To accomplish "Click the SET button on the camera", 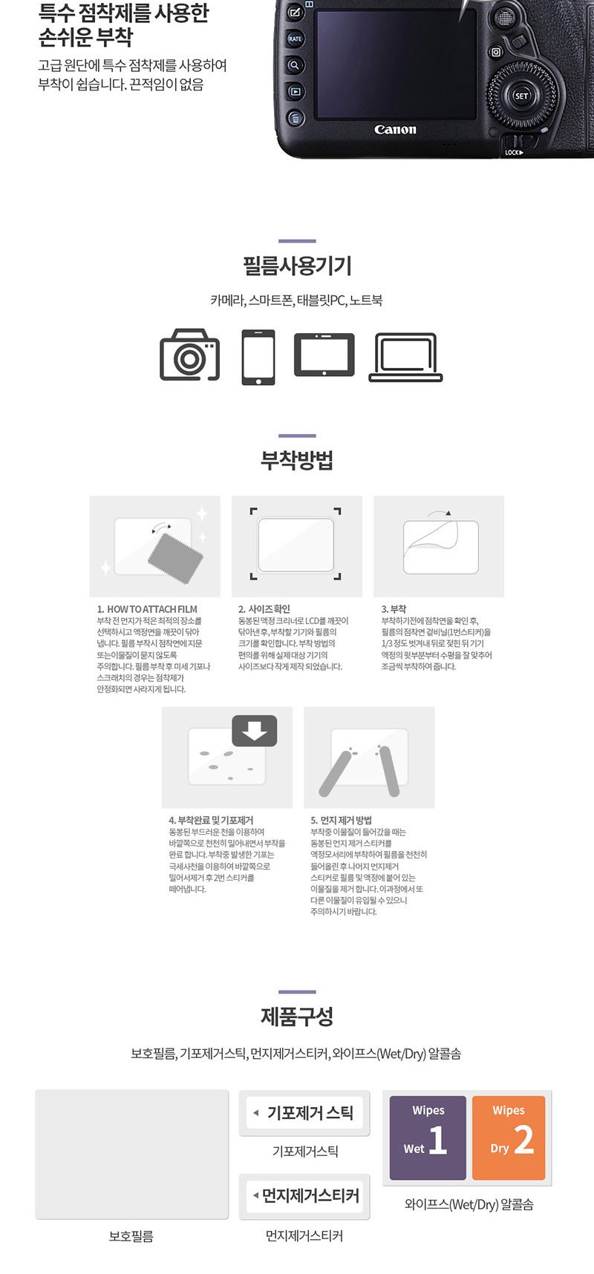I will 522,96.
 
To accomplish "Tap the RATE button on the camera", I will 296,39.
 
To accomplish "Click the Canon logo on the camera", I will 395,130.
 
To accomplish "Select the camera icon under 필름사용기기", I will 190,355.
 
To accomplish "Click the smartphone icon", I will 258,357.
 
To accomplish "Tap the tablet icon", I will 324,355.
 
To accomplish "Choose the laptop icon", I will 405,357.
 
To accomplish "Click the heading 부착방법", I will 297,461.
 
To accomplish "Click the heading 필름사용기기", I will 297,266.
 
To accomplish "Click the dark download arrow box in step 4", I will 255,731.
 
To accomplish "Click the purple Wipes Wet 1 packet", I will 428,1137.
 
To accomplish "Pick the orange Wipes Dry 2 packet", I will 509,1137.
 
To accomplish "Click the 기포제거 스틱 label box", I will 304,1113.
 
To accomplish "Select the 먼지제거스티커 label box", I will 304,1195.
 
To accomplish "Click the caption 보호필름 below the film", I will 131,1236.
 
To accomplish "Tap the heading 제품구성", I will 297,1017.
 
